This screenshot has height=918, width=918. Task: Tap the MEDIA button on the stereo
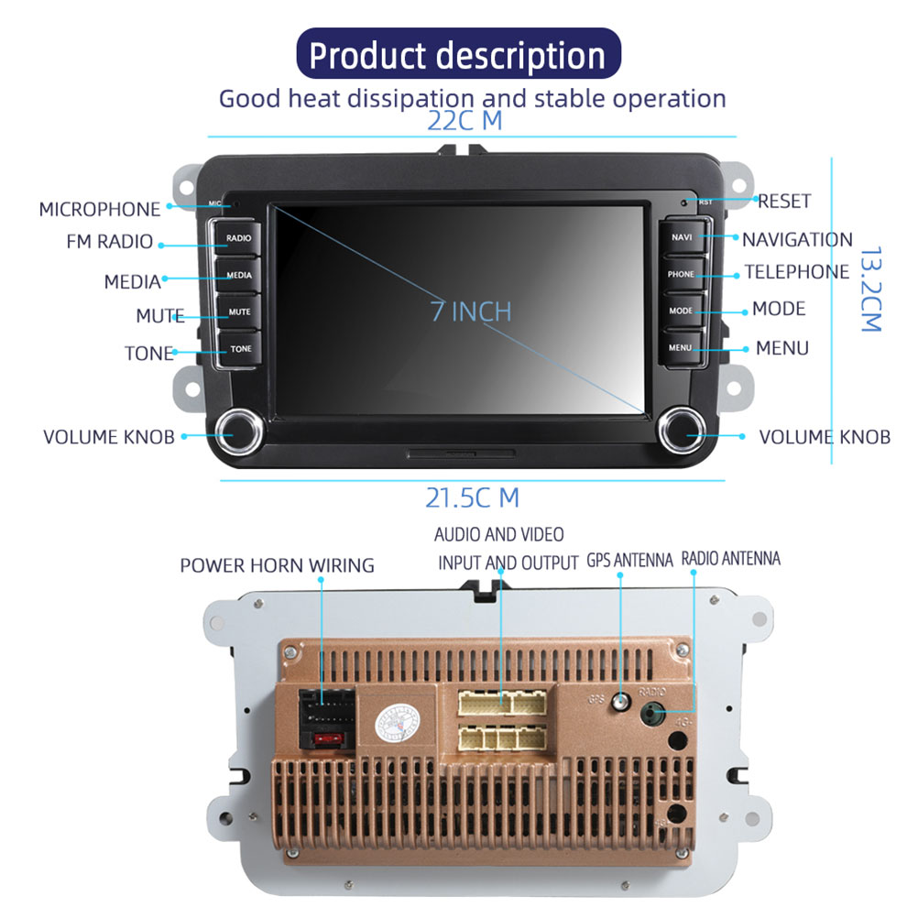[x=238, y=275]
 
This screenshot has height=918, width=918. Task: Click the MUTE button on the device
[x=238, y=312]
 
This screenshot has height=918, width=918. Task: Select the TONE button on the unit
[x=239, y=349]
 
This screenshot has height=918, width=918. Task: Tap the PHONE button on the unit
[x=681, y=274]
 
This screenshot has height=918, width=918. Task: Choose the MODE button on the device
[x=681, y=311]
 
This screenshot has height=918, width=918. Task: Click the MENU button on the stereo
[x=681, y=348]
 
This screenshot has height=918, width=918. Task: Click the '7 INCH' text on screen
[x=471, y=311]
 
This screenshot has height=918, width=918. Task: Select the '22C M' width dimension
[x=464, y=121]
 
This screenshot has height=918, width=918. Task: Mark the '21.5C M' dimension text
[x=472, y=497]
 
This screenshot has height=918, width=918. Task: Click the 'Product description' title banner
[x=458, y=55]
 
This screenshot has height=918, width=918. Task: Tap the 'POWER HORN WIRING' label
[x=277, y=565]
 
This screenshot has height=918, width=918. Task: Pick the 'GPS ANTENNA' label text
[x=629, y=560]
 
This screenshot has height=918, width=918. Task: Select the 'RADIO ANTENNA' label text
[x=731, y=558]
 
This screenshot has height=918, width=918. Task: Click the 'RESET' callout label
[x=784, y=201]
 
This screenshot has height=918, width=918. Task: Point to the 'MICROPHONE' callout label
[x=99, y=209]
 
